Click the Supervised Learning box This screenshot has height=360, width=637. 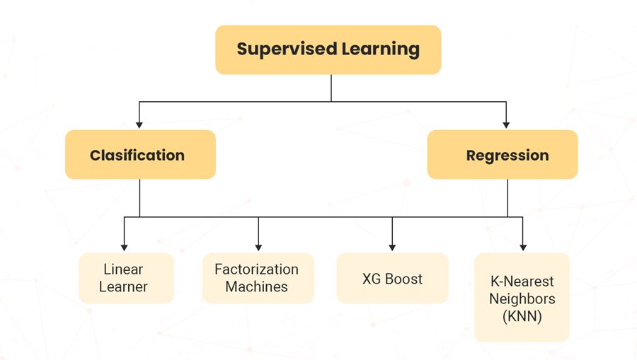(328, 50)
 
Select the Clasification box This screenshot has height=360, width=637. (139, 154)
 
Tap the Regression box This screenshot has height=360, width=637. (503, 154)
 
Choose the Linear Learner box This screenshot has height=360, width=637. (125, 278)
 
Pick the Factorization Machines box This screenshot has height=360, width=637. (258, 278)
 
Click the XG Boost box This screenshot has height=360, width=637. (392, 278)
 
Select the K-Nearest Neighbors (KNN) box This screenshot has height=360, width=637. (522, 297)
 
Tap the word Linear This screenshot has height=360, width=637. (123, 269)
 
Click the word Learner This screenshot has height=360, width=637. (123, 286)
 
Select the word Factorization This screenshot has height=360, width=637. (256, 269)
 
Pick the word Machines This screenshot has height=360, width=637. (256, 286)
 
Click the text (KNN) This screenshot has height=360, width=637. (522, 316)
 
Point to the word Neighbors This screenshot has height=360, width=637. (522, 298)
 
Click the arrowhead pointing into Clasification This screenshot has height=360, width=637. (139, 124)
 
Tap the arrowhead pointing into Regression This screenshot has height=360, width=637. (507, 124)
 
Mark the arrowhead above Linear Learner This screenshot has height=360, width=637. (125, 247)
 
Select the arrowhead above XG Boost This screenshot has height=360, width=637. (392, 247)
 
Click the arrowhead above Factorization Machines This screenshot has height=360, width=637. (258, 247)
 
